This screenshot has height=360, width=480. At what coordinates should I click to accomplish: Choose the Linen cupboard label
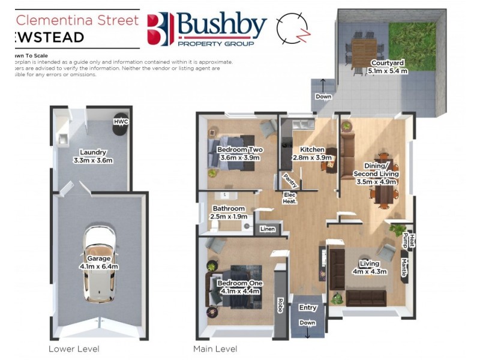click(267, 229)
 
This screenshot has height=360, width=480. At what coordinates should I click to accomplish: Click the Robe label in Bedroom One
click(280, 305)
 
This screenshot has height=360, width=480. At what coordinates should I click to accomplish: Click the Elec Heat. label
click(290, 198)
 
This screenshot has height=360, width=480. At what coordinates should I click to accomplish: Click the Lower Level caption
click(74, 349)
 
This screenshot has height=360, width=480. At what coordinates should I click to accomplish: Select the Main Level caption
click(215, 349)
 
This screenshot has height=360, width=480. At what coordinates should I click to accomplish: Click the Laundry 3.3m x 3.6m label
click(92, 156)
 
